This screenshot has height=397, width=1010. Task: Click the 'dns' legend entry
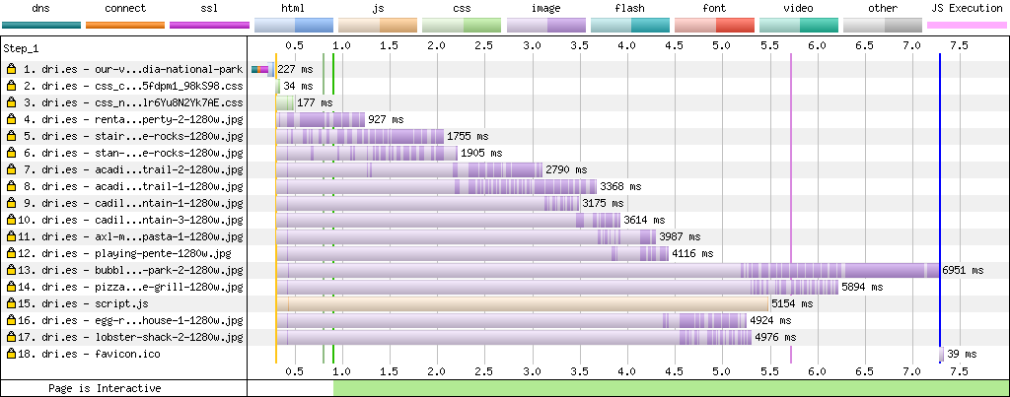coord(41,8)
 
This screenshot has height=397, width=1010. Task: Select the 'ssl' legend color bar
coord(209,25)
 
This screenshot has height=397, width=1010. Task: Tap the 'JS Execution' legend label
coord(968,8)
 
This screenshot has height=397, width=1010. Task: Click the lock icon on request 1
coord(11,69)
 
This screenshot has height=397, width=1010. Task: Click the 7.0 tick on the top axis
coord(911,45)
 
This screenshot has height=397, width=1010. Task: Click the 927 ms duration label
coord(386,119)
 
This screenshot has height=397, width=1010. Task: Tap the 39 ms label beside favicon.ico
coord(961,354)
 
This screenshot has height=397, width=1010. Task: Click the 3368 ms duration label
coord(620,186)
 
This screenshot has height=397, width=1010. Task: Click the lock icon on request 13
coord(11,270)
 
